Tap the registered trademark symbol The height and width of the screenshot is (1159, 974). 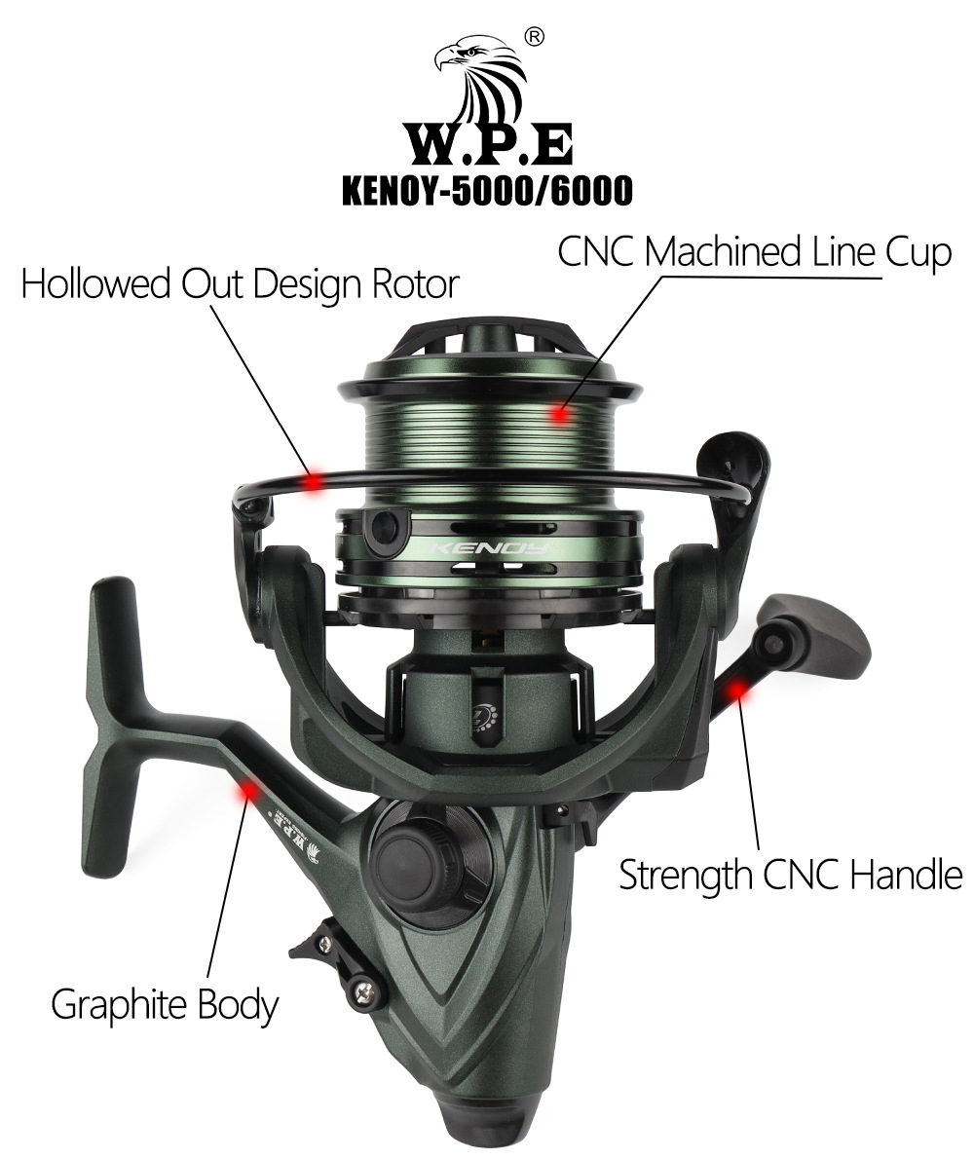point(534,37)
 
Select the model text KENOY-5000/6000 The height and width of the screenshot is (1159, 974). point(487,191)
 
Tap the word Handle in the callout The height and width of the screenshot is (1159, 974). point(907,876)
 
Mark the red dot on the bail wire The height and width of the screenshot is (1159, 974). point(315,479)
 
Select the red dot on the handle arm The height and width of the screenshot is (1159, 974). point(736,691)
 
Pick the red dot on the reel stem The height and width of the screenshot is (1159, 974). point(249,791)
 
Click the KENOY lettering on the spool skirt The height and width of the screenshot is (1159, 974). point(490,547)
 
